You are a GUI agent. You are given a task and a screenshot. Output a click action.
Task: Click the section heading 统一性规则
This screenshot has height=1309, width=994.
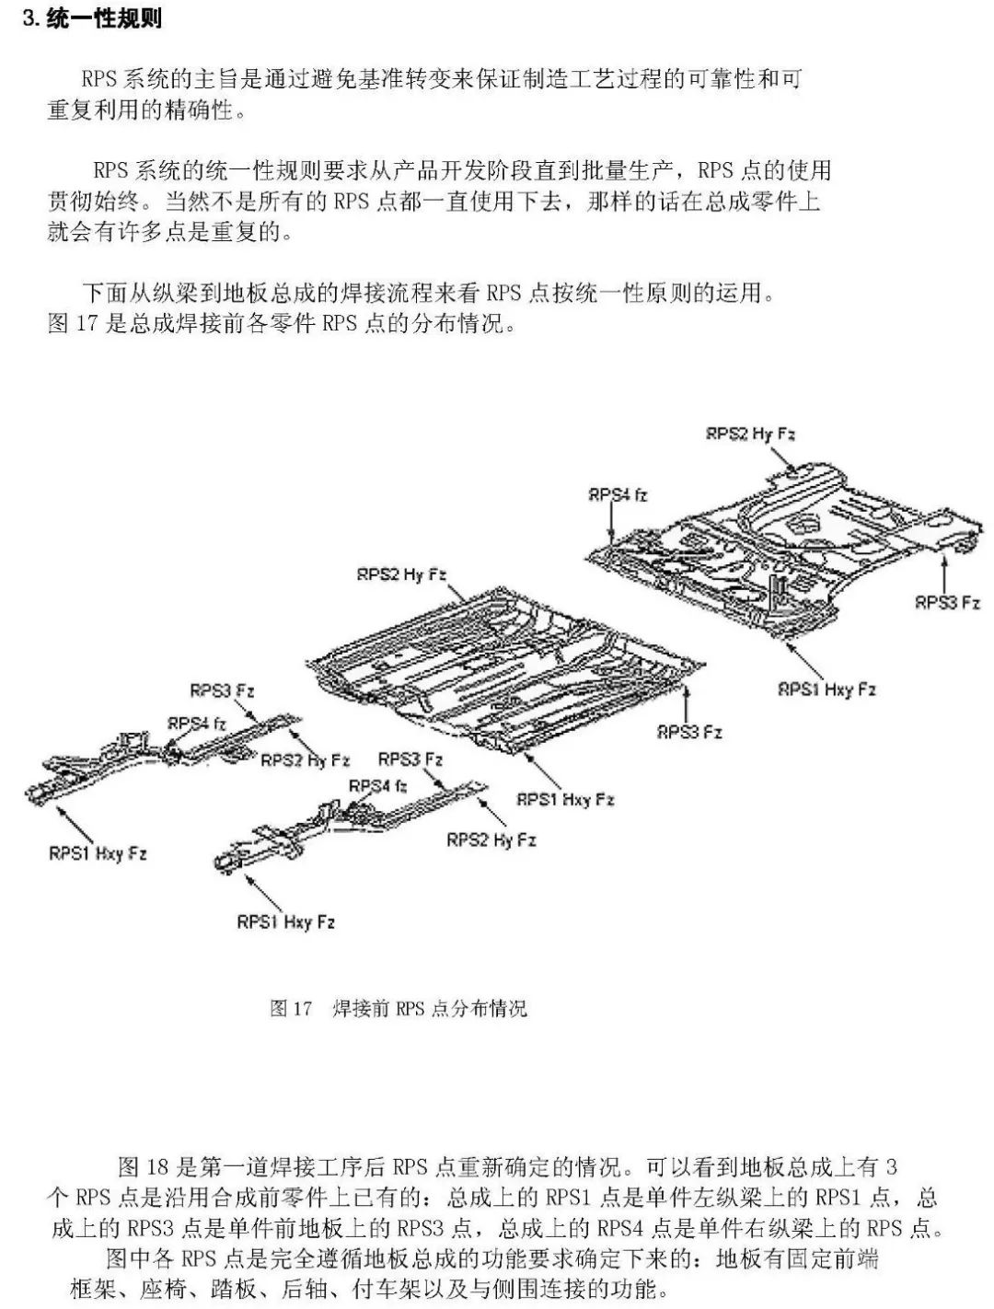(104, 17)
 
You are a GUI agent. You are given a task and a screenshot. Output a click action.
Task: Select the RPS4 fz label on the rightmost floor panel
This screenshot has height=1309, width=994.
(618, 494)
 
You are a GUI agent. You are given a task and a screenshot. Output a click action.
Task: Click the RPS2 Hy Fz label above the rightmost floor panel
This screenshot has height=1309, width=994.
(750, 434)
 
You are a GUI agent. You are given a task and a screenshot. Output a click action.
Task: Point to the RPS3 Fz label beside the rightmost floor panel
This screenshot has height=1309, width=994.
(947, 602)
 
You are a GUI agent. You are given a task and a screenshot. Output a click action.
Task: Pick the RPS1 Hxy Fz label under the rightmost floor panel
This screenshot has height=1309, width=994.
(827, 689)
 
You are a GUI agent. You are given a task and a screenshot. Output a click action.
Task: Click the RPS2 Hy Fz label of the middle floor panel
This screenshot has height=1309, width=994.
(401, 574)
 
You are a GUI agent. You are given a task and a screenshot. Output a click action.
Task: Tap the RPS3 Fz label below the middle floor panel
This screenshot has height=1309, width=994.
(689, 732)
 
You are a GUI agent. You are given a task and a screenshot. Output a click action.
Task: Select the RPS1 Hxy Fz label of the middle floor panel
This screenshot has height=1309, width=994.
(565, 799)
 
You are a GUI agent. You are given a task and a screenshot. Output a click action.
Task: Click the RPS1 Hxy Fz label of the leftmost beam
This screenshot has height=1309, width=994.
(98, 853)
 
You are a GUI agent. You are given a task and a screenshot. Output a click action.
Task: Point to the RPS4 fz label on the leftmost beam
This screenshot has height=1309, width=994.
(197, 724)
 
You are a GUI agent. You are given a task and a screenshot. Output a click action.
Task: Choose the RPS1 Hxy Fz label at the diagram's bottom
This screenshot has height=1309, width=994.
(285, 922)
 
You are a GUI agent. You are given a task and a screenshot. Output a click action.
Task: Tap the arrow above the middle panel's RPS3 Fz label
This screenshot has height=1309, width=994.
(687, 704)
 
